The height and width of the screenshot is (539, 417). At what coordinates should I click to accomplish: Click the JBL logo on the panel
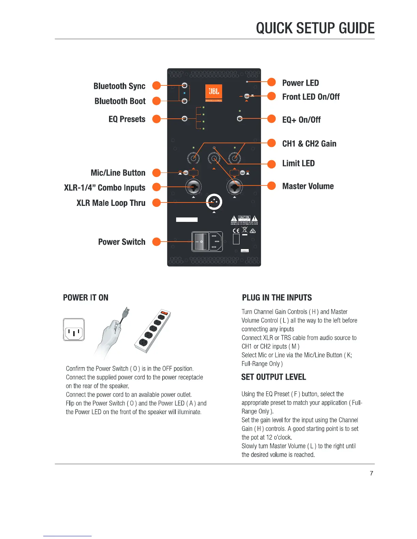214,92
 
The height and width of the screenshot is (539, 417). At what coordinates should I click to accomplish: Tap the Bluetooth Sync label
119,86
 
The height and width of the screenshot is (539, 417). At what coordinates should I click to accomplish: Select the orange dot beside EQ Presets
156,119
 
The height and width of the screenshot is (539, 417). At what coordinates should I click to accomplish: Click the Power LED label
300,83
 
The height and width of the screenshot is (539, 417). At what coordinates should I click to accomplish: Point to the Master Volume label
308,186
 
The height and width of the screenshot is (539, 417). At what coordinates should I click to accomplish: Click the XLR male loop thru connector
214,202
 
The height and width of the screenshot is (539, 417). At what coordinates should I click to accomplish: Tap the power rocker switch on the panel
201,241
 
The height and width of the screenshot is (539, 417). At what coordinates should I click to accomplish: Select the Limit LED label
298,163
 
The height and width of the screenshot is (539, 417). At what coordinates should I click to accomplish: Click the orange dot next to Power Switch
156,242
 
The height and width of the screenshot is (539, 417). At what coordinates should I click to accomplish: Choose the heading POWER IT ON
86,298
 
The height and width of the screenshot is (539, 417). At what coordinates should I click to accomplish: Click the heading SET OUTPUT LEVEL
274,377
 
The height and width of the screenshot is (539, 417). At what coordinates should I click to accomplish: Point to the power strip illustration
152,331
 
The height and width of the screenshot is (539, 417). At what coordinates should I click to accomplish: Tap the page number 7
371,473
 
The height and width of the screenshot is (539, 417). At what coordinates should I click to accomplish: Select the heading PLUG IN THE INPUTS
277,298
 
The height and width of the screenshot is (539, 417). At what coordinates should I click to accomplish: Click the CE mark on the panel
236,231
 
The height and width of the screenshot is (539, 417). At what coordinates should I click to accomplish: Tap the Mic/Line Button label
118,173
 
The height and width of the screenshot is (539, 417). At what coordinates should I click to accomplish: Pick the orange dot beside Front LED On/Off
272,96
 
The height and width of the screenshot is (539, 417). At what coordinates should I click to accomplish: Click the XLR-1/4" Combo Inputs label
105,187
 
